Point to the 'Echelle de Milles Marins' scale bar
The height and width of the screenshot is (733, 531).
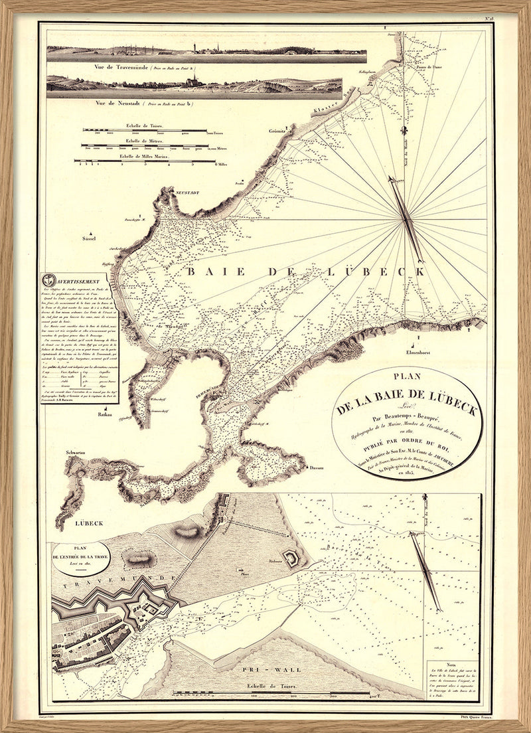[x=146, y=161]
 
